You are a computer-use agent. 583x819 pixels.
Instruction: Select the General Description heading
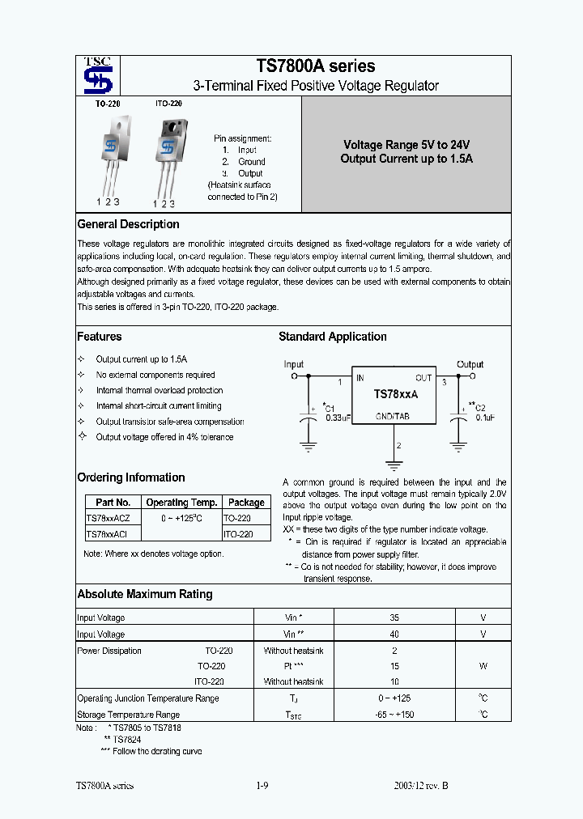(128, 224)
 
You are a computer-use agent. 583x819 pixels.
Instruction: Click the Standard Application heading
(333, 337)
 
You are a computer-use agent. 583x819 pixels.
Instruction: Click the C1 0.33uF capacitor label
(335, 413)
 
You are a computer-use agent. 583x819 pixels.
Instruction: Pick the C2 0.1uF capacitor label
(480, 412)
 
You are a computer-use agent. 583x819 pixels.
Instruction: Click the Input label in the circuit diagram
(294, 364)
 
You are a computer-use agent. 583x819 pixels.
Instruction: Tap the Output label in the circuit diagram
(470, 364)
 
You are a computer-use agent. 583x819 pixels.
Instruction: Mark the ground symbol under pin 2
(394, 465)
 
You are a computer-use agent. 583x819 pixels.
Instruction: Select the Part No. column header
(113, 503)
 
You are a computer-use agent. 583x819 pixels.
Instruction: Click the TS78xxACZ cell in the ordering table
(112, 518)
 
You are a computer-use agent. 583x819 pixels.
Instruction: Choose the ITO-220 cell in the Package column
(238, 534)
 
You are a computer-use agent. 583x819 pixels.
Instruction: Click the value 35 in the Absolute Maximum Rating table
(394, 619)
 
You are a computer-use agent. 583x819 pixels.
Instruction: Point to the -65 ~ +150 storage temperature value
(394, 715)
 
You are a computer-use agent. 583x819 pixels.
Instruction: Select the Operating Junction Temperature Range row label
(147, 698)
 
